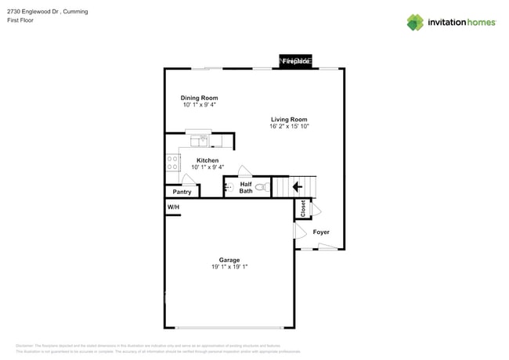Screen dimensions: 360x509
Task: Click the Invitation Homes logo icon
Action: coord(415,22)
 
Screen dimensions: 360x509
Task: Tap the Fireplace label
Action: coord(296,61)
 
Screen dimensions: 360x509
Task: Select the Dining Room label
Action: coord(199,98)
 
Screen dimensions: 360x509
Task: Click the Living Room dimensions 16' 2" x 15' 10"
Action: coord(290,126)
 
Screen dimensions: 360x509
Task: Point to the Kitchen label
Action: coord(208,160)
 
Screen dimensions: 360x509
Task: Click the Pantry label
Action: coord(182,192)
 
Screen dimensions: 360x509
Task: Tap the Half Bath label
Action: coord(246,188)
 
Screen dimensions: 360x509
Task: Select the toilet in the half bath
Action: coord(262,187)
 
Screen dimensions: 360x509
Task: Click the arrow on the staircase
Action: coord(297,187)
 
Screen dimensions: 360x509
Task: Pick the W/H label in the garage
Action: coord(172,207)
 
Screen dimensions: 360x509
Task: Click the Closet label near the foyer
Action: coord(303,209)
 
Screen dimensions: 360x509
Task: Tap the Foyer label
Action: coord(321,232)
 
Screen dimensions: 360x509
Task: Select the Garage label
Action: coord(229,260)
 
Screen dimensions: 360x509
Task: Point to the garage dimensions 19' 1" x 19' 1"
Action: coord(229,268)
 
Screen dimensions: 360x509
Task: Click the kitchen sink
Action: coord(200,141)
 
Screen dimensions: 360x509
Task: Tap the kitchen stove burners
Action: coord(172,162)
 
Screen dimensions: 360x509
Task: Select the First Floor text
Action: coord(20,20)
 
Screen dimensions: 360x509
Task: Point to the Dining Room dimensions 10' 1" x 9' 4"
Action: coord(199,105)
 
